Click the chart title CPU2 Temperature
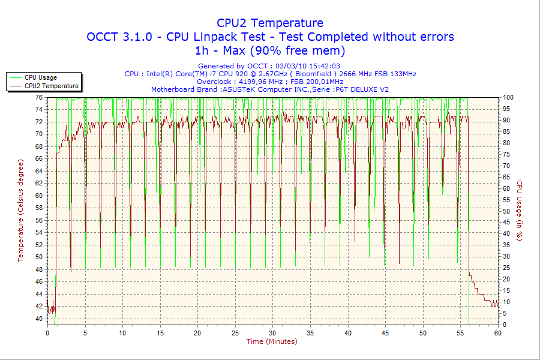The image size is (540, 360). coord(270,23)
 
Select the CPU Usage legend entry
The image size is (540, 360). coord(41,77)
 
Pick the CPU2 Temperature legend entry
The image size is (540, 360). coord(51,86)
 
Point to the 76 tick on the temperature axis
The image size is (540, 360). coord(39,97)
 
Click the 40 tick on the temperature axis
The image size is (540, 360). coord(39,319)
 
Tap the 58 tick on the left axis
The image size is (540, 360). coord(39,208)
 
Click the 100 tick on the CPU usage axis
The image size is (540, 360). coord(508,97)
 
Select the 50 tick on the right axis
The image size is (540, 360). coord(506,211)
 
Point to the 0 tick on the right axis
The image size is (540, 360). coord(505,325)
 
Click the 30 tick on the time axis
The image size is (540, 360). coord(272,332)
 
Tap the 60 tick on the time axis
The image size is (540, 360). coord(497,332)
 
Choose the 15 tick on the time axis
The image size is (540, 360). coord(160,332)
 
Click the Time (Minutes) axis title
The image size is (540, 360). coord(272,341)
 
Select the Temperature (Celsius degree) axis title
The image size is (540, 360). coord(21,210)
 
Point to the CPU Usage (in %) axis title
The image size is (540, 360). coord(520,211)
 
